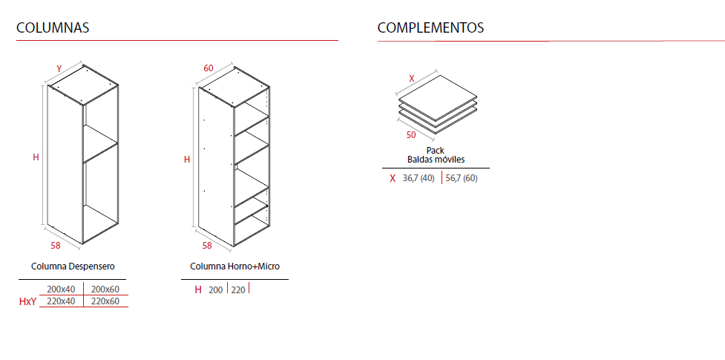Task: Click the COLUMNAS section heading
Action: point(53,27)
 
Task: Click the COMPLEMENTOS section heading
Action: point(430,27)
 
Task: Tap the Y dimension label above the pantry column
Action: point(59,69)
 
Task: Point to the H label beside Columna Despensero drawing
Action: point(36,157)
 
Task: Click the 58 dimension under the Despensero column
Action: point(56,246)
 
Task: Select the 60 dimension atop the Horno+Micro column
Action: point(209,68)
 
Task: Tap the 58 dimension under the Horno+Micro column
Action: point(207,246)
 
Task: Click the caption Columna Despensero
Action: point(73,266)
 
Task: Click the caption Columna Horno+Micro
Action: point(235,266)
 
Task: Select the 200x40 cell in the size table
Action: point(62,289)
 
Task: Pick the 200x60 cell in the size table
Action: point(105,289)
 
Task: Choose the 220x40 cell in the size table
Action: point(62,301)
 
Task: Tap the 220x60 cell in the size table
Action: point(105,301)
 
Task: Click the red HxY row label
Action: point(27,302)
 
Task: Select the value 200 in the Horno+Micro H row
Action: point(215,290)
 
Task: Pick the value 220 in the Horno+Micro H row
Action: point(238,290)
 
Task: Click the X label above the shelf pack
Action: point(412,78)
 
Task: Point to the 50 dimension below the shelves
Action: point(410,135)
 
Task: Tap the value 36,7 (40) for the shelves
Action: point(419,178)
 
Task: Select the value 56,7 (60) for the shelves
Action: point(462,178)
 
